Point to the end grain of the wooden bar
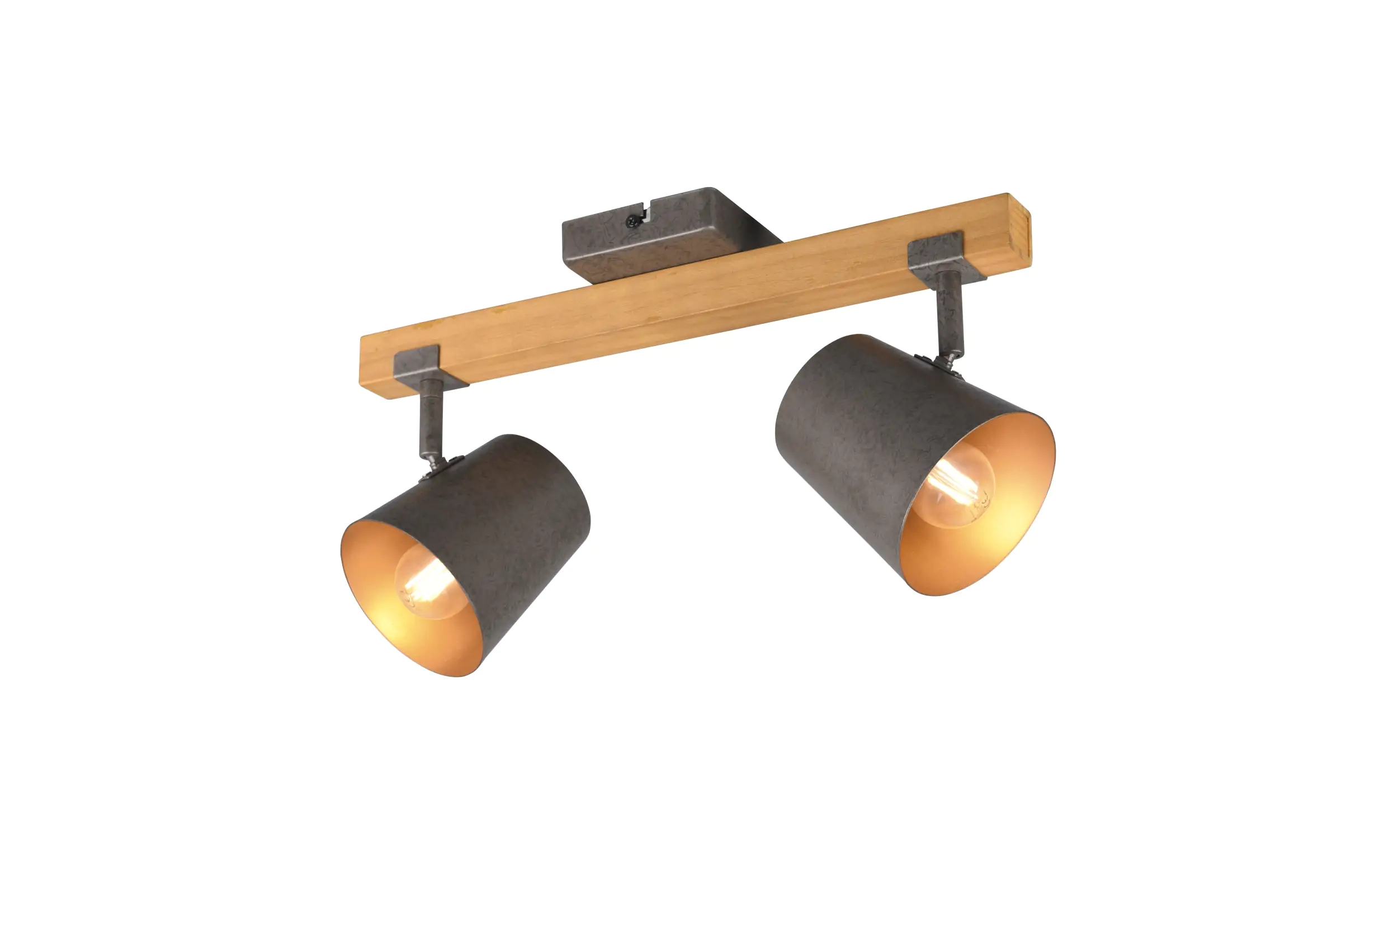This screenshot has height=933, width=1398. (1019, 230)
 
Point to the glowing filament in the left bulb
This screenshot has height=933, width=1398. (426, 586)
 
